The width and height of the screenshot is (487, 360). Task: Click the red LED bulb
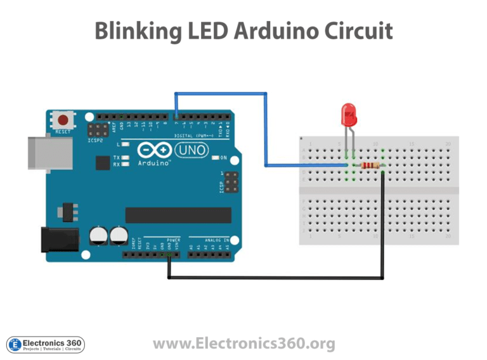pyautogui.click(x=349, y=115)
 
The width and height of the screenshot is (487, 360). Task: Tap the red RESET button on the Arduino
pyautogui.click(x=63, y=120)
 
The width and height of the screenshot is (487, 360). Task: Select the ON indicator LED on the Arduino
pyautogui.click(x=214, y=157)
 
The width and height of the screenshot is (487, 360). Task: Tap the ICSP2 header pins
pyautogui.click(x=97, y=131)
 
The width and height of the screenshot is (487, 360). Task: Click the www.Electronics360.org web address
pyautogui.click(x=243, y=344)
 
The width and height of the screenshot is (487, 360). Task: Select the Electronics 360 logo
pyautogui.click(x=45, y=344)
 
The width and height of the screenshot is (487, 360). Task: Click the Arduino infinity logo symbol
pyautogui.click(x=154, y=150)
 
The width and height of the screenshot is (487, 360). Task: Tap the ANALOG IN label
pyautogui.click(x=212, y=240)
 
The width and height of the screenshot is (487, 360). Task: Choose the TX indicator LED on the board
pyautogui.click(x=126, y=157)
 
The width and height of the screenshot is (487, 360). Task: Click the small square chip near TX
pyautogui.click(x=103, y=163)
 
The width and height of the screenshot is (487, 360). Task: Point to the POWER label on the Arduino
pyautogui.click(x=173, y=240)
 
